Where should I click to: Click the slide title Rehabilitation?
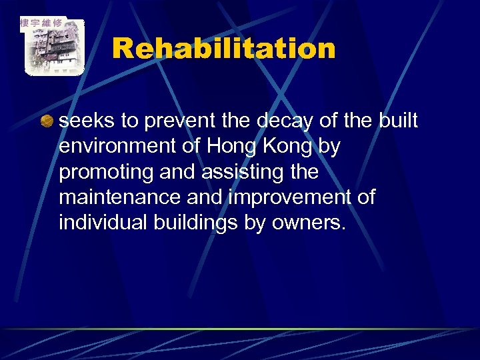(x=223, y=48)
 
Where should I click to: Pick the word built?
(x=399, y=121)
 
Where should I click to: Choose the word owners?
(x=308, y=223)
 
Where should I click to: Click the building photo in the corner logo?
(x=53, y=50)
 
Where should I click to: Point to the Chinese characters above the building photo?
(x=41, y=23)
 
